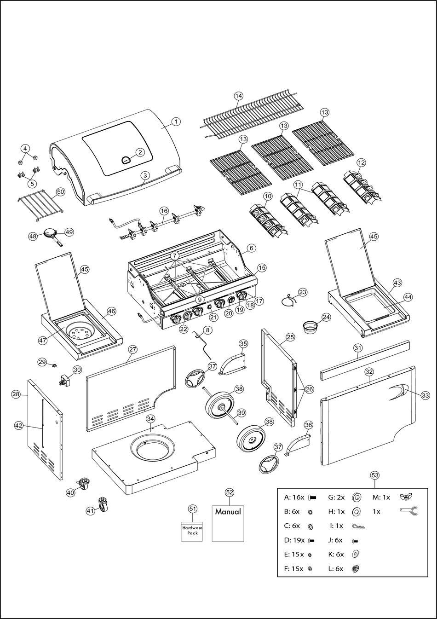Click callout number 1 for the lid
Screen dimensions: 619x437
tap(176, 121)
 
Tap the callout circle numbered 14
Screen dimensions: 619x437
tap(238, 96)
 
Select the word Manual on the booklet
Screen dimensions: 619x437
tap(228, 512)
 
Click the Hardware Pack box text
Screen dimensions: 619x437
tap(192, 530)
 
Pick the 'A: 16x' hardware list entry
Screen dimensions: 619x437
tap(294, 498)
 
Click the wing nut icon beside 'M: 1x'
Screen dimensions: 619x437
tap(405, 497)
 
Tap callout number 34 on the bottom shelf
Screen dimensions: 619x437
tap(150, 418)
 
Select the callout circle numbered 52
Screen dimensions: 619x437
tap(229, 492)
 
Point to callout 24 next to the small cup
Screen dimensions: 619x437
tap(326, 317)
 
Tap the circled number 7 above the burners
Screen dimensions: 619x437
tap(175, 255)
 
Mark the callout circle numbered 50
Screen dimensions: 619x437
tap(60, 191)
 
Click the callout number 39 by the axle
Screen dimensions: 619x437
tap(241, 412)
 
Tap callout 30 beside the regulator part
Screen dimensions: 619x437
tap(77, 370)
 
